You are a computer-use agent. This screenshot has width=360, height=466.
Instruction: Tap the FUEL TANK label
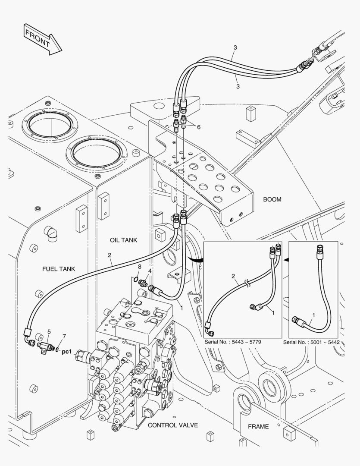(59, 269)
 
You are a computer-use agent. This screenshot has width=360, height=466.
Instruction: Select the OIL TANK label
(123, 240)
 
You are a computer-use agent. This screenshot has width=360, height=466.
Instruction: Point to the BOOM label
(272, 199)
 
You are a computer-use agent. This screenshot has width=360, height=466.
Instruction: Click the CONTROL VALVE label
(173, 425)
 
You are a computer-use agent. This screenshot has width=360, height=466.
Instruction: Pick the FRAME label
(258, 426)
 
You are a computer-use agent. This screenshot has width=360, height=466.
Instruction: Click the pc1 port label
(67, 351)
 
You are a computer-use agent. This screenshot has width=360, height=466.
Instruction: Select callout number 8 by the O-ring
(139, 267)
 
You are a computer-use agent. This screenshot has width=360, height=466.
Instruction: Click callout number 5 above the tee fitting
(49, 332)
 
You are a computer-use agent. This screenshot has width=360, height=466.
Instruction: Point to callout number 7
(64, 336)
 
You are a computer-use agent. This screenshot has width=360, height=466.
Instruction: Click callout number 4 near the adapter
(150, 271)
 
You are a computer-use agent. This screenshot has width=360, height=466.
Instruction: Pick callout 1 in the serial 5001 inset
(313, 315)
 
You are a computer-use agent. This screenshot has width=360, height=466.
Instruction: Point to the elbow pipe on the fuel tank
(50, 233)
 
